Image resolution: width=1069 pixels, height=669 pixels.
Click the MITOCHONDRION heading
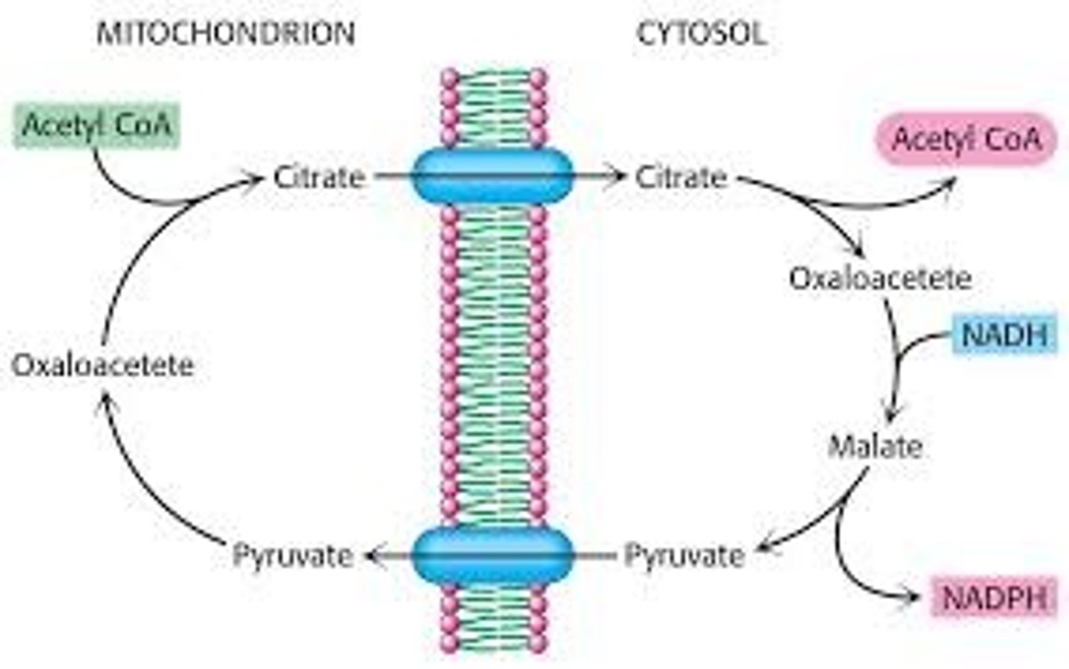tap(226, 33)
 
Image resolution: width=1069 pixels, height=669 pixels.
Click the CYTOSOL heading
tap(701, 33)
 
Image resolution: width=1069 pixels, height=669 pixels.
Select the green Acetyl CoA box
tap(97, 124)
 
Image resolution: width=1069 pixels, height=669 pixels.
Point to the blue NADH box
tap(1005, 334)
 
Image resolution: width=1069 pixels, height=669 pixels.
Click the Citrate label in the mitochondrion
tap(319, 177)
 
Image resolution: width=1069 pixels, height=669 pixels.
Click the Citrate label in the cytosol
tap(681, 177)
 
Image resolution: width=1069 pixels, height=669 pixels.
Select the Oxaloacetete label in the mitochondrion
tap(102, 365)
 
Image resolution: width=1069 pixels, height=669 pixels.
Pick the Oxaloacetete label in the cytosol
tap(880, 278)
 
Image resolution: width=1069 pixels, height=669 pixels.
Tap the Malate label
tap(875, 446)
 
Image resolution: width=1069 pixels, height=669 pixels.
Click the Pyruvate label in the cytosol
tap(684, 555)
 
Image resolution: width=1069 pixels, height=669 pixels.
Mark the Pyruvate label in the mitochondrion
tap(292, 555)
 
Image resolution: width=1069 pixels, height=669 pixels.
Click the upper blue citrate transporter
tap(492, 176)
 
